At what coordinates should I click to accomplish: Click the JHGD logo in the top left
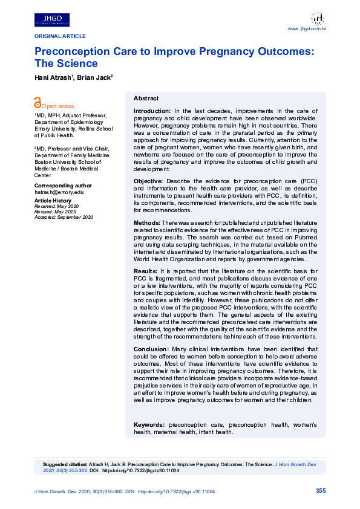pyautogui.click(x=52, y=20)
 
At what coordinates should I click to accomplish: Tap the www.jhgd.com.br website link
pyautogui.click(x=307, y=28)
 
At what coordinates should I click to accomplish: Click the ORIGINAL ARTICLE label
pyautogui.click(x=60, y=36)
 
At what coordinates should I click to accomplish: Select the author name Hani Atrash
pyautogui.click(x=53, y=77)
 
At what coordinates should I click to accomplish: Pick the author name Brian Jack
pyautogui.click(x=94, y=77)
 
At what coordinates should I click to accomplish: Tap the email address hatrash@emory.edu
pyautogui.click(x=59, y=192)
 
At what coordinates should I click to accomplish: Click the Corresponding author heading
pyautogui.click(x=63, y=185)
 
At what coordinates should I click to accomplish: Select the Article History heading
pyautogui.click(x=53, y=200)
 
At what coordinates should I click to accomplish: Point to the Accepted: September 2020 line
pyautogui.click(x=64, y=216)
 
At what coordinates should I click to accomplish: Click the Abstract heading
pyautogui.click(x=146, y=98)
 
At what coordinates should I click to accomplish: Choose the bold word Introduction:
pyautogui.click(x=152, y=111)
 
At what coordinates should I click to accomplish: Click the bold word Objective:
pyautogui.click(x=148, y=181)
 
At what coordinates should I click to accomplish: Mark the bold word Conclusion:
pyautogui.click(x=151, y=350)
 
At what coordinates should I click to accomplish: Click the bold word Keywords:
pyautogui.click(x=149, y=425)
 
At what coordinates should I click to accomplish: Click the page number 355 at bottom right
pyautogui.click(x=321, y=491)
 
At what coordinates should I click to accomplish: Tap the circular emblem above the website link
pyautogui.click(x=318, y=18)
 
